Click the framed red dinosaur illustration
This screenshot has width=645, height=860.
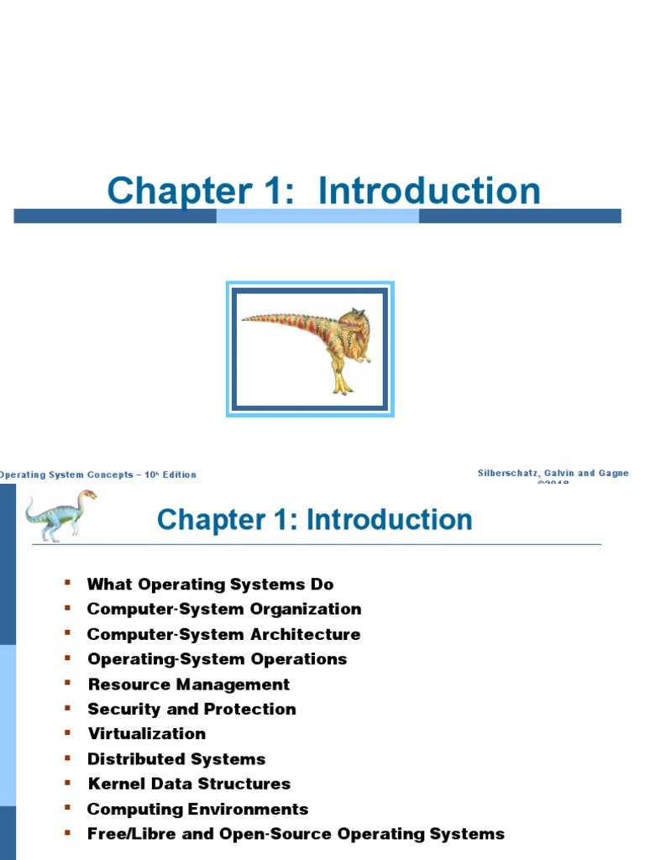point(310,349)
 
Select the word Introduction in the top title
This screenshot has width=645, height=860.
point(429,191)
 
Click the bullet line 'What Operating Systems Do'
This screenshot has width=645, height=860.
point(210,585)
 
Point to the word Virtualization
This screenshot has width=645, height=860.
point(147,734)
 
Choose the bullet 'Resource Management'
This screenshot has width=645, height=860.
point(189,684)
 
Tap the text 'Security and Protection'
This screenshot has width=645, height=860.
point(191,710)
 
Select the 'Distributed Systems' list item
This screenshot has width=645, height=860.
point(176,759)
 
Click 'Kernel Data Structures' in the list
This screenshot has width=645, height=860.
point(189,784)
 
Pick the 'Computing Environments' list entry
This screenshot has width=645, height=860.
point(197,810)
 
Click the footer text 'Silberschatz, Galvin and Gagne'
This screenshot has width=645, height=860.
point(553,474)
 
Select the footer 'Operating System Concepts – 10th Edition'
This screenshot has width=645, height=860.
point(97,475)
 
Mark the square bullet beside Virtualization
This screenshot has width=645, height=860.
point(68,733)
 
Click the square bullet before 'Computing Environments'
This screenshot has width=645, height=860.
point(68,808)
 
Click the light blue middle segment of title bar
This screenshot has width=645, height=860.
point(317,216)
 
